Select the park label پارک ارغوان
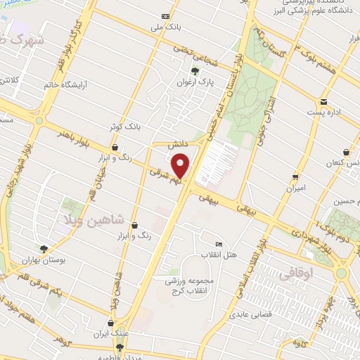[200, 82]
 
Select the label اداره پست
[322, 112]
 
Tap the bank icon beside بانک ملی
[166, 17]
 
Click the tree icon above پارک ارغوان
[195, 71]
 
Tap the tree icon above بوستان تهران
[44, 249]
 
